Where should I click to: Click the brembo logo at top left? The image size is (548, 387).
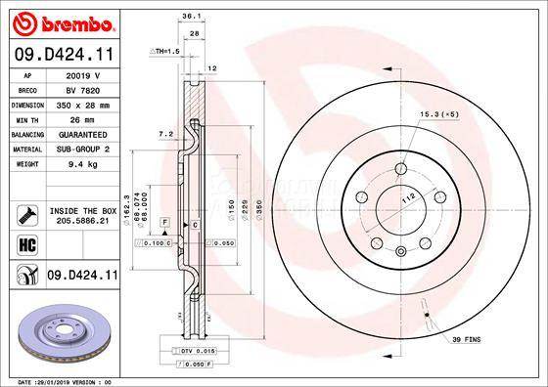pyautogui.click(x=61, y=21)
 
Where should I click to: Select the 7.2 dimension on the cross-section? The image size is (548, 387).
pyautogui.click(x=166, y=133)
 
